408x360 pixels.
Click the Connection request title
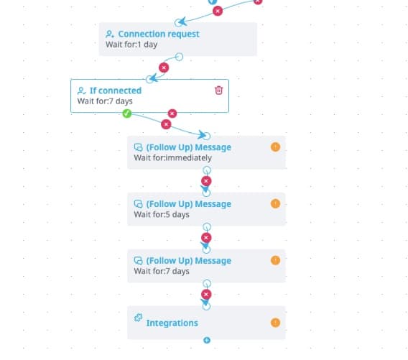159,34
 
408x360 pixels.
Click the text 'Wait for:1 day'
131,45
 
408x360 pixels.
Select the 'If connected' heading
116,91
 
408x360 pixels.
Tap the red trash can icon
218,90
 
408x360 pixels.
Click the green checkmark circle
127,114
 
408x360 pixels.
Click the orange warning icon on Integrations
275,323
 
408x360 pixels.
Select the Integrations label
172,323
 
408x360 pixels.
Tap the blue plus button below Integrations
207,340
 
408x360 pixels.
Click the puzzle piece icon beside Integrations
138,318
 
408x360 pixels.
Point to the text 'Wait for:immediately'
173,158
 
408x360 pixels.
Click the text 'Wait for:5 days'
162,214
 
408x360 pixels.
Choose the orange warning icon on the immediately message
275,147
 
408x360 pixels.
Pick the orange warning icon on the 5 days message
275,203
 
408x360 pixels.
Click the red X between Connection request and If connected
164,68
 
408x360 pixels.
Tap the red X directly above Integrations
206,295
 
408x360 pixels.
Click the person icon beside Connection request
110,34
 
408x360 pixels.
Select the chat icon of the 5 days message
138,204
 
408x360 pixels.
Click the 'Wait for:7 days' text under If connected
105,101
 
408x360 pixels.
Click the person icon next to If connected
81,91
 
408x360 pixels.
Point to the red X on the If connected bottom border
172,114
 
